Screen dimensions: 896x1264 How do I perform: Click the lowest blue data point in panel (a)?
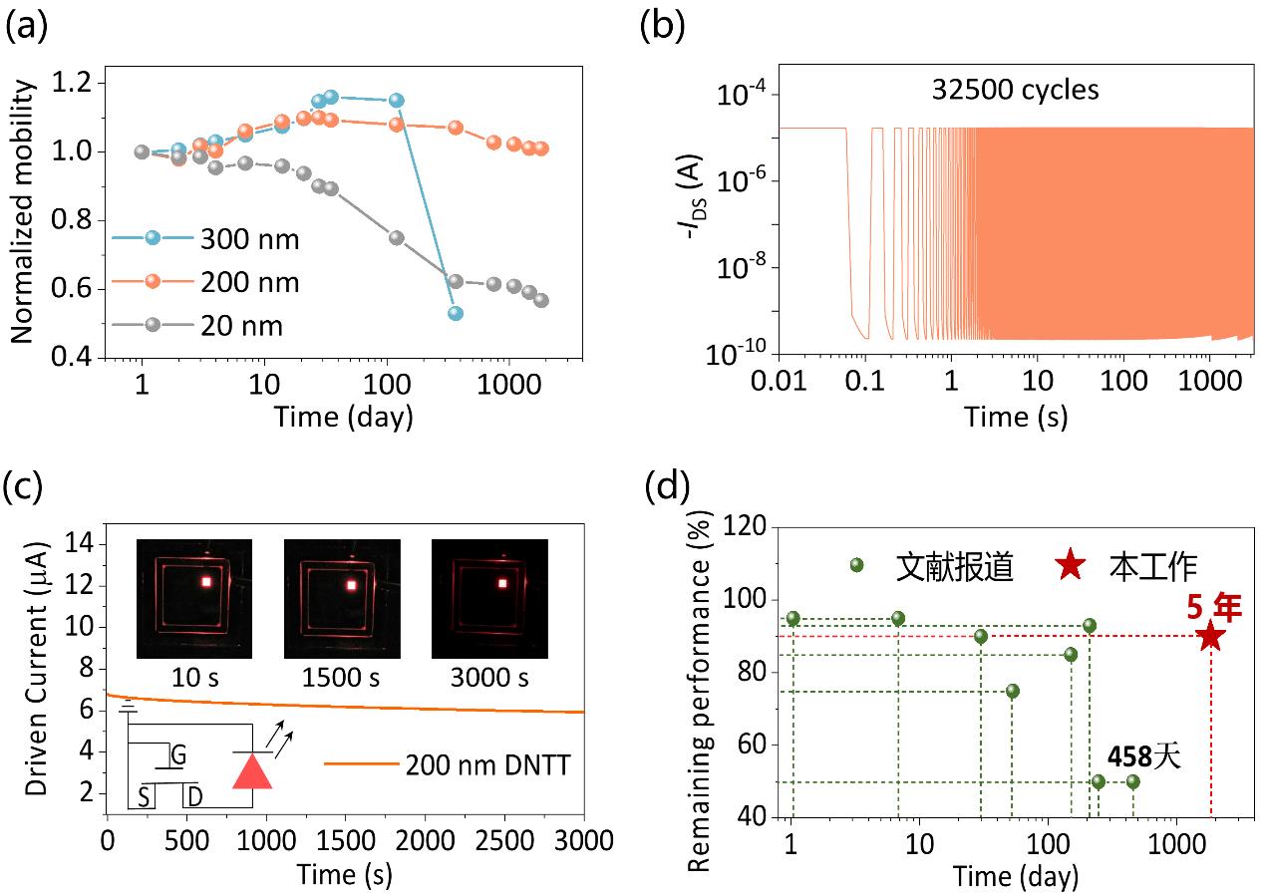(x=456, y=313)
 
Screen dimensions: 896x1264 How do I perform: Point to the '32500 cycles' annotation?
(x=1015, y=90)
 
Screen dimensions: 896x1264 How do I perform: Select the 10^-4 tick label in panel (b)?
(x=737, y=96)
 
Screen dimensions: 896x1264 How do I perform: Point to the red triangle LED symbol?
(x=252, y=770)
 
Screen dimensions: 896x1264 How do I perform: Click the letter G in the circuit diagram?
(x=178, y=754)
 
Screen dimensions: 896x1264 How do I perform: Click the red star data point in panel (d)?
(x=1210, y=636)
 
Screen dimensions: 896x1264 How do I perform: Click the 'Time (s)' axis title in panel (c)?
(x=344, y=874)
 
